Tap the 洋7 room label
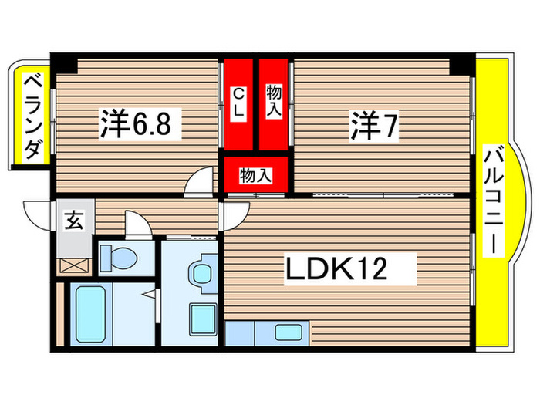point(375,125)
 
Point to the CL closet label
point(239,103)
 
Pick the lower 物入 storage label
point(255,174)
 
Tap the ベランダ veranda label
point(32,116)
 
